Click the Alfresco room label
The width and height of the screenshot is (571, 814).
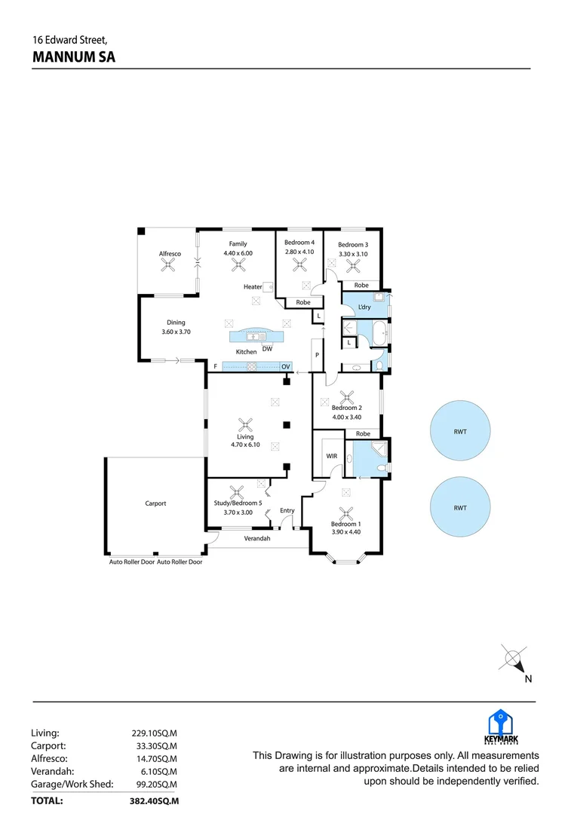(x=170, y=254)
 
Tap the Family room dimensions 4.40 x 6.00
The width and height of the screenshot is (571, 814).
(x=238, y=253)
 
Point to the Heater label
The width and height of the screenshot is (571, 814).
(x=253, y=287)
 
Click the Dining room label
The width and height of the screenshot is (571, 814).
(x=176, y=323)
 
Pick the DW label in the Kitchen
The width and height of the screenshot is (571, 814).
(x=267, y=347)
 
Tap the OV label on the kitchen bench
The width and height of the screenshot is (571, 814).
(x=286, y=366)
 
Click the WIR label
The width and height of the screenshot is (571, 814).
(x=331, y=456)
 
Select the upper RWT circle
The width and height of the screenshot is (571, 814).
(x=460, y=432)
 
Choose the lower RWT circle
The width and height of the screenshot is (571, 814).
(x=460, y=508)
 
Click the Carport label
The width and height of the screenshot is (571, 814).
(x=155, y=503)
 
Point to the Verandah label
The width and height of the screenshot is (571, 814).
(x=256, y=539)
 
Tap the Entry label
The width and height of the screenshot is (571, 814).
(x=287, y=510)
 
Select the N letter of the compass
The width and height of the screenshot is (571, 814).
(x=528, y=678)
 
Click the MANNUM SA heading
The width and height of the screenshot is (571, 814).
(x=74, y=57)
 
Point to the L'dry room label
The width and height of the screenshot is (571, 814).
(x=364, y=308)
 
